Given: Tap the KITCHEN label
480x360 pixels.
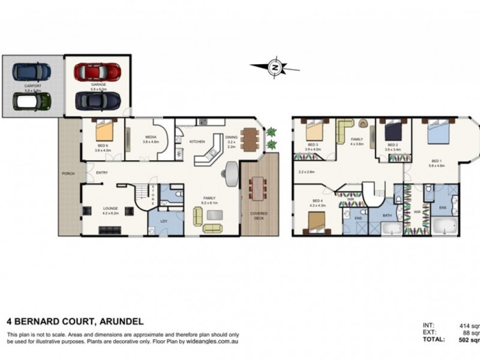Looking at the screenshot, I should tap(197, 142).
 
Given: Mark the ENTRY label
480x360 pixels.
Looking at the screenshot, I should tap(101, 173).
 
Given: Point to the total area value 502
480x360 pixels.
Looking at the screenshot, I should tap(466, 340).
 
